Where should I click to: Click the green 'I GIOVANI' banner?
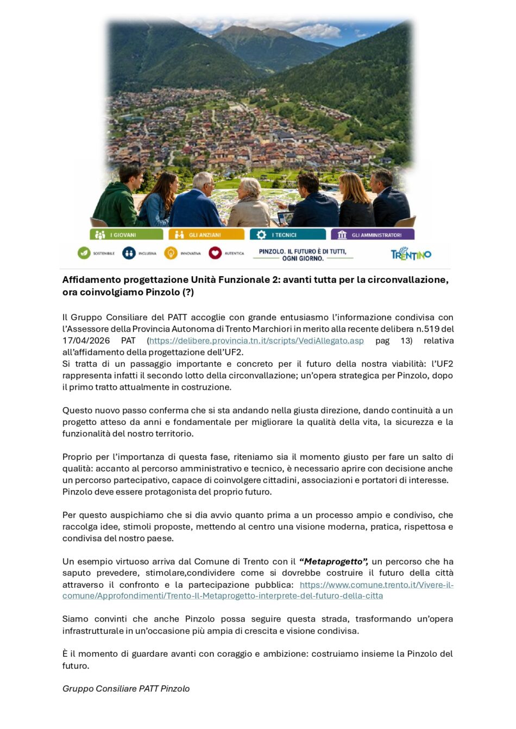point(126,234)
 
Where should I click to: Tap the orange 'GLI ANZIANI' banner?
point(206,234)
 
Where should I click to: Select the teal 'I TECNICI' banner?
point(287,234)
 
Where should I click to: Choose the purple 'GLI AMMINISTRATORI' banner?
point(372,234)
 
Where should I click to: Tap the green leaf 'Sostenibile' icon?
point(84,253)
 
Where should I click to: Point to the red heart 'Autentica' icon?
point(215,253)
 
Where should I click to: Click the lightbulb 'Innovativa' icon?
point(171,253)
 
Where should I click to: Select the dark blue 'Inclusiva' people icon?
point(129,253)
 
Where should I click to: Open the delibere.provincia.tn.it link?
point(256,340)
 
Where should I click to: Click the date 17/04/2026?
point(86,340)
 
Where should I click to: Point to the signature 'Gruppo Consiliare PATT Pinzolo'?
point(126,688)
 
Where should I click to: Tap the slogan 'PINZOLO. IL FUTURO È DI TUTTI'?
point(303,255)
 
